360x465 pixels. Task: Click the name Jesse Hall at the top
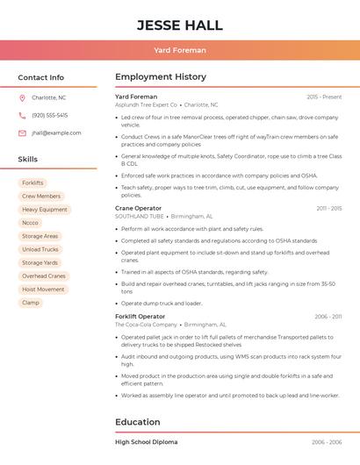[x=179, y=25]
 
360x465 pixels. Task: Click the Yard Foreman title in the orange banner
[x=179, y=50]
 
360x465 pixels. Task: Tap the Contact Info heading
[x=41, y=77]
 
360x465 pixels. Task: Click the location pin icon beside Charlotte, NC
[x=22, y=97]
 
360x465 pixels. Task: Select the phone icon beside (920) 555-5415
[x=22, y=115]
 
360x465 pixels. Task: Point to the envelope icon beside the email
[x=22, y=133]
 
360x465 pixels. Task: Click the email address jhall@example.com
[x=56, y=133]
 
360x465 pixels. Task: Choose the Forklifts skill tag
[x=32, y=182]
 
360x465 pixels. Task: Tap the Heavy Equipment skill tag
[x=45, y=210]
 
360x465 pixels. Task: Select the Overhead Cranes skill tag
[x=44, y=275]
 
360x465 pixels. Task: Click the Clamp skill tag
[x=31, y=303]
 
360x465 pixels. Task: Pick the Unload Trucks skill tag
[x=40, y=249]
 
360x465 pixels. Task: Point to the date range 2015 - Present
[x=324, y=97]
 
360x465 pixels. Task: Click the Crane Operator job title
[x=138, y=208]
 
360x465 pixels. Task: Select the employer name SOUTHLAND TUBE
[x=140, y=216]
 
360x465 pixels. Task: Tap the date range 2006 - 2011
[x=328, y=316]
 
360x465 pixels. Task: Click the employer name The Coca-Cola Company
[x=146, y=325]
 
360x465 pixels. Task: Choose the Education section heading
[x=137, y=422]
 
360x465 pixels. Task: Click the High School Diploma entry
[x=146, y=442]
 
